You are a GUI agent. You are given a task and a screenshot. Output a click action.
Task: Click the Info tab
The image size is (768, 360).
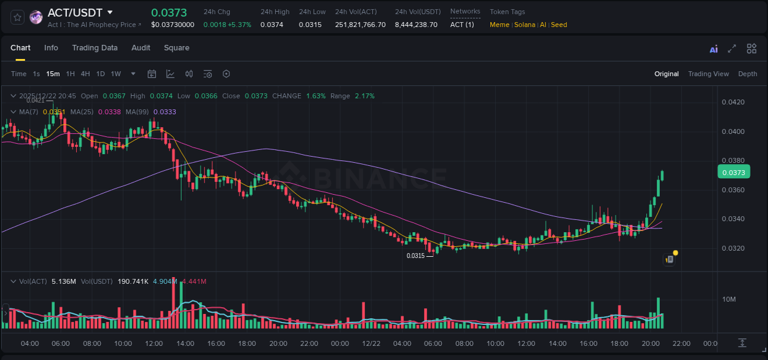pyautogui.click(x=51, y=48)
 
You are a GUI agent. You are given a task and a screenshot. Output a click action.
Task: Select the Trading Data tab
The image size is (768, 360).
pyautogui.click(x=95, y=48)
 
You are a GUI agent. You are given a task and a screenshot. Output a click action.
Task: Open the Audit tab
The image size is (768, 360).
pyautogui.click(x=141, y=48)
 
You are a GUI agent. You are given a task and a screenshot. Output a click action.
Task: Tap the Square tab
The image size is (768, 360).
pyautogui.click(x=176, y=48)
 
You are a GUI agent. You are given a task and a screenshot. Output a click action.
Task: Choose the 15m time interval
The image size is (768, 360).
pyautogui.click(x=53, y=74)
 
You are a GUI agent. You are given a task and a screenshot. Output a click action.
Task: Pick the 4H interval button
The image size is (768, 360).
pyautogui.click(x=85, y=74)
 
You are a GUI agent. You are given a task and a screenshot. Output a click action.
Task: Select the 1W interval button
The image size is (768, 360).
pyautogui.click(x=116, y=74)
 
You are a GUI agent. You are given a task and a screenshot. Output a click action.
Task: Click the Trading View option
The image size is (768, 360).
pyautogui.click(x=708, y=74)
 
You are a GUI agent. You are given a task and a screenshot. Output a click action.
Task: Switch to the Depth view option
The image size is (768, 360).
pyautogui.click(x=747, y=74)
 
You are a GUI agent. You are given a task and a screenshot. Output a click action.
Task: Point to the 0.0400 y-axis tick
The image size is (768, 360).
pyautogui.click(x=733, y=131)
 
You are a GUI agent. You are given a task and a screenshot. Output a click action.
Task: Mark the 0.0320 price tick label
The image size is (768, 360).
pyautogui.click(x=733, y=249)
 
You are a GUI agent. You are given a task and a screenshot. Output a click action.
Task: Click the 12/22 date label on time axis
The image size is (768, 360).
pyautogui.click(x=371, y=343)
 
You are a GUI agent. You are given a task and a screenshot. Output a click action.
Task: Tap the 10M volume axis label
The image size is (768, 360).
pyautogui.click(x=729, y=299)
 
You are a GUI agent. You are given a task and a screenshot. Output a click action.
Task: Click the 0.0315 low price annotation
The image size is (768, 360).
pyautogui.click(x=416, y=256)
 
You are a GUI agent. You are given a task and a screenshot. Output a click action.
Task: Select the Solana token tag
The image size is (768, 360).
pyautogui.click(x=524, y=25)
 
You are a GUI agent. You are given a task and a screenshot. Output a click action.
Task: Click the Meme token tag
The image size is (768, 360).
pyautogui.click(x=500, y=25)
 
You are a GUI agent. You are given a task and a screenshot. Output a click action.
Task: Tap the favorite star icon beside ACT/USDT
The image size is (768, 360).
pyautogui.click(x=17, y=17)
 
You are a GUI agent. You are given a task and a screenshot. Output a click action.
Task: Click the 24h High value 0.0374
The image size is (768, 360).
pyautogui.click(x=272, y=25)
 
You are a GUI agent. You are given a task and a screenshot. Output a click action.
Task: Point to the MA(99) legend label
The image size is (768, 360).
pyautogui.click(x=138, y=112)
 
